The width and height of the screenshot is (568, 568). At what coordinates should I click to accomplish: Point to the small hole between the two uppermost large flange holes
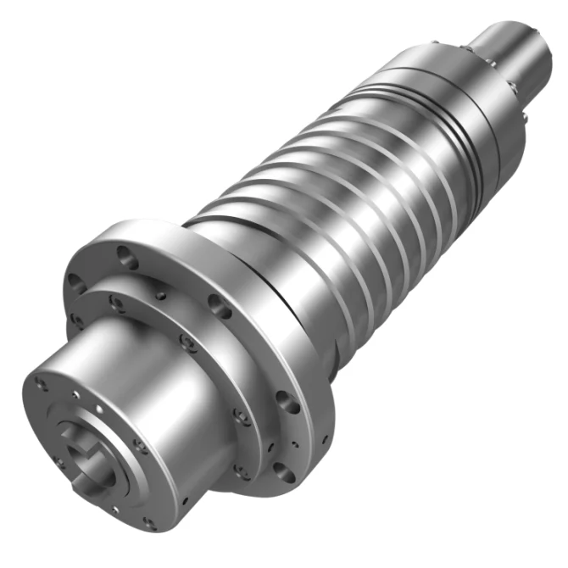tap(161, 295)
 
